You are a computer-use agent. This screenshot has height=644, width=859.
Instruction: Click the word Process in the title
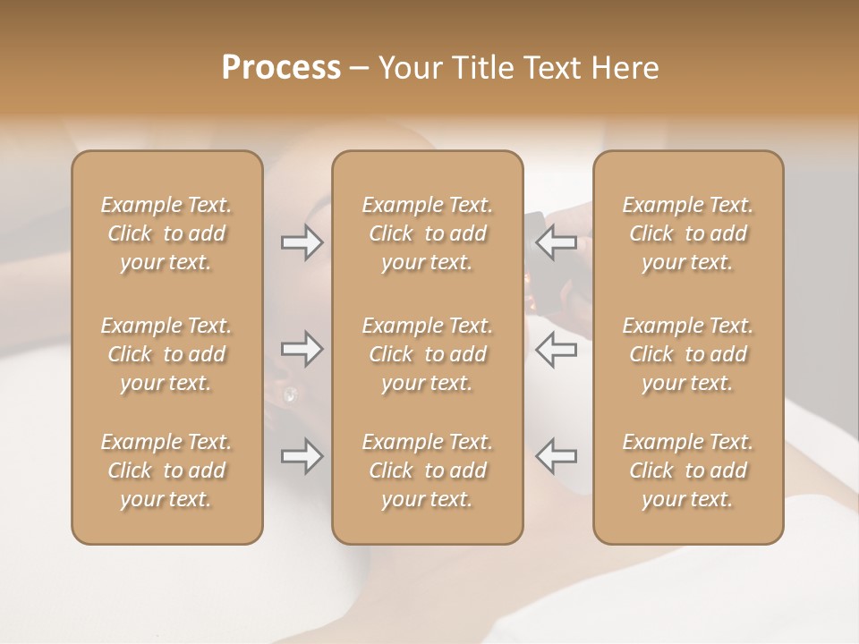click(x=281, y=68)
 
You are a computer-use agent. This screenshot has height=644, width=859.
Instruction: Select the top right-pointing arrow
click(x=302, y=241)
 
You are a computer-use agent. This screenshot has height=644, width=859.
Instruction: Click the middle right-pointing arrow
click(x=302, y=349)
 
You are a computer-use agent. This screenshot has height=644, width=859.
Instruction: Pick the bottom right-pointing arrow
click(x=302, y=456)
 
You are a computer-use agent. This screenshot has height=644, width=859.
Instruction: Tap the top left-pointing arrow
click(x=557, y=241)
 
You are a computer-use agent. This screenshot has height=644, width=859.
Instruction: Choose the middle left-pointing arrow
click(x=557, y=349)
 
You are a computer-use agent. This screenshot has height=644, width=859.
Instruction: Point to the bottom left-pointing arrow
click(x=557, y=456)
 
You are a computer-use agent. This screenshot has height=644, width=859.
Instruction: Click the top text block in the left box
click(x=166, y=233)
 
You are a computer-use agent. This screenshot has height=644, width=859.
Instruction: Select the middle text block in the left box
click(x=166, y=354)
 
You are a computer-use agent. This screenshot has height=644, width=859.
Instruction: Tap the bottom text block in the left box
click(x=166, y=470)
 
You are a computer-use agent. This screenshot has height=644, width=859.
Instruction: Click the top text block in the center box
click(x=427, y=233)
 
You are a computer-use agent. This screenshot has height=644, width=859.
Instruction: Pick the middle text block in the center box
click(x=427, y=354)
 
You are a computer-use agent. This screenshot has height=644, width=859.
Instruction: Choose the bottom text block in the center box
click(x=427, y=470)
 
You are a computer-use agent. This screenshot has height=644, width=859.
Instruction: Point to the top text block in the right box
click(x=688, y=233)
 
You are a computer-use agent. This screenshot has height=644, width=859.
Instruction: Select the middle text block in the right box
click(x=688, y=354)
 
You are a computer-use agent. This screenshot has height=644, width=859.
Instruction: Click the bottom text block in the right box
click(x=688, y=470)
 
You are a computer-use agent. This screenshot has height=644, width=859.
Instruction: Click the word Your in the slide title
click(x=408, y=68)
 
